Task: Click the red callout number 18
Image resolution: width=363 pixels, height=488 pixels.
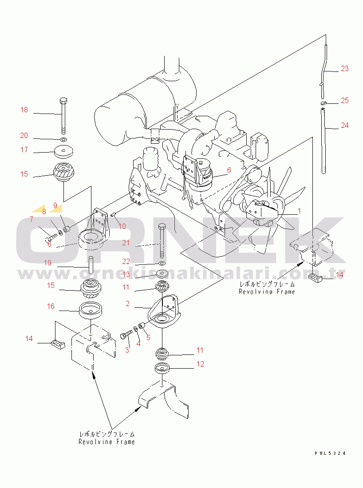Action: click(24, 110)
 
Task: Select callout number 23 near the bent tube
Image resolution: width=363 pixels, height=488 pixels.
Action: click(345, 68)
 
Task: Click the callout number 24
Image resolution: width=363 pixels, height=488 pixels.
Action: click(345, 125)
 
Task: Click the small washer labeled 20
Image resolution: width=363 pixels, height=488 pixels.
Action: click(63, 139)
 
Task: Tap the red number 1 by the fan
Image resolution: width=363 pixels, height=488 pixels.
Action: click(299, 211)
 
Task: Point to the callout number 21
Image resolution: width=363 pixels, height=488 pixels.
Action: click(126, 242)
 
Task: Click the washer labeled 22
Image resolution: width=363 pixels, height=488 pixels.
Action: click(162, 263)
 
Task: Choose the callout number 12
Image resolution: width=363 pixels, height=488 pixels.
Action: click(200, 364)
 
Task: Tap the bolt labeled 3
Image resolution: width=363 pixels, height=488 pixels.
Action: click(126, 336)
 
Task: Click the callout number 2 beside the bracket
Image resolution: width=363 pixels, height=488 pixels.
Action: click(127, 303)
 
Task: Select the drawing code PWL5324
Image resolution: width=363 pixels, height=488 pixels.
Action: click(330, 453)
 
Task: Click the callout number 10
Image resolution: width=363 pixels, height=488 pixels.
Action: click(122, 226)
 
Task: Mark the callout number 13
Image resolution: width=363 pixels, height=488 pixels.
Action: click(126, 274)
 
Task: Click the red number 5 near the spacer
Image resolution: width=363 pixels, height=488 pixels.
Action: click(148, 337)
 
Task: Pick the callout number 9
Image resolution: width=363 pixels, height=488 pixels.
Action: click(55, 205)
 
